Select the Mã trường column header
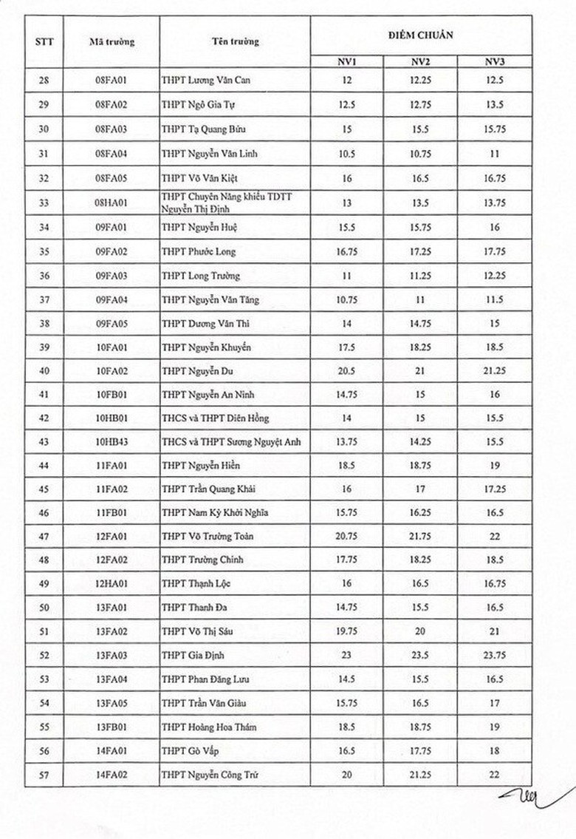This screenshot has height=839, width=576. (112, 42)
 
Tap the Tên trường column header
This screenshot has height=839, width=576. (234, 42)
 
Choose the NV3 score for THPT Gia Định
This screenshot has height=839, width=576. (494, 655)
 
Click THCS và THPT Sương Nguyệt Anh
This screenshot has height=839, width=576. (230, 441)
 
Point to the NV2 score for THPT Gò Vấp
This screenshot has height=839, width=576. (420, 751)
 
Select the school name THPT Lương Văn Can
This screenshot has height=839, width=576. (206, 80)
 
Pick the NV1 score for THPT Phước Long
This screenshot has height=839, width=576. (347, 251)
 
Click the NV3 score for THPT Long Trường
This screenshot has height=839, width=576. (494, 275)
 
